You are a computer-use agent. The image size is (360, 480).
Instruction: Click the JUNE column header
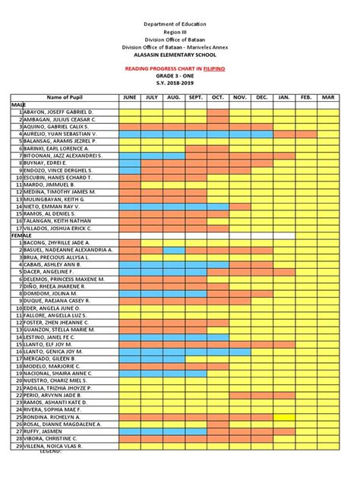(129, 98)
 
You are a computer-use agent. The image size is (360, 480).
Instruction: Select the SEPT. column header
(196, 98)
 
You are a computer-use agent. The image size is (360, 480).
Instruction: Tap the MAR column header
(328, 98)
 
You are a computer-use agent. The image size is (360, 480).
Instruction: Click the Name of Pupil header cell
(64, 98)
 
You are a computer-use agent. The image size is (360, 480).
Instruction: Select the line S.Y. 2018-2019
(180, 84)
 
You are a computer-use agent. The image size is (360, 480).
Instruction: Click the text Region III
(180, 33)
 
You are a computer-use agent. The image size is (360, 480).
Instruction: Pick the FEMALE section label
(21, 235)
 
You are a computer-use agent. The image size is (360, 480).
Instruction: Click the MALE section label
(17, 105)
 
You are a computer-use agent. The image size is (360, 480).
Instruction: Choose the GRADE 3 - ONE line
(180, 76)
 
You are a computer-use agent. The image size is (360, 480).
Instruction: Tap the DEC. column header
(262, 98)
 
